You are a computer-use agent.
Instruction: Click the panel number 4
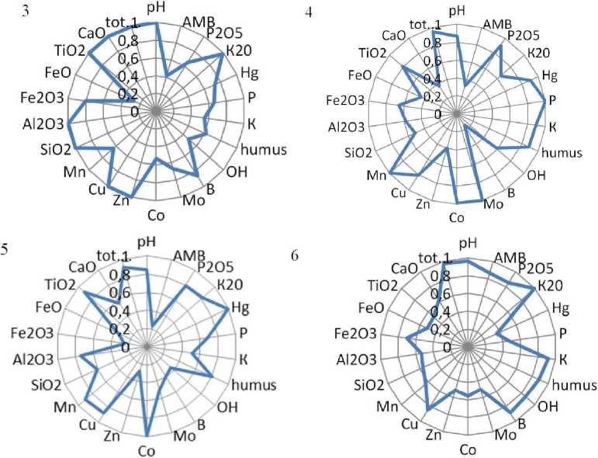click(310, 14)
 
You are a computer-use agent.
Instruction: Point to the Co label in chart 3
click(156, 215)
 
